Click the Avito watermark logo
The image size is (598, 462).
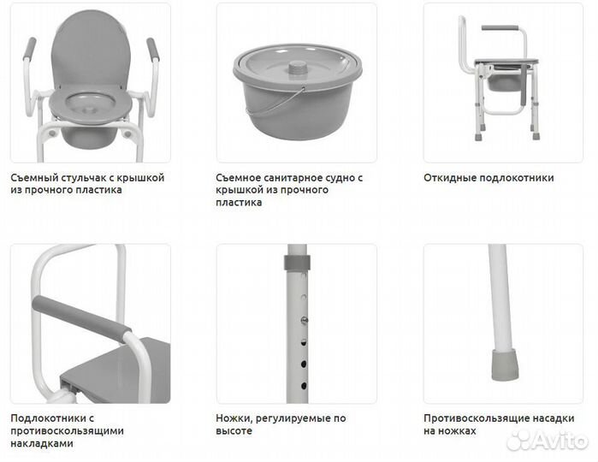tap(548, 441)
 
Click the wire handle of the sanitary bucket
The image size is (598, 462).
tap(275, 103)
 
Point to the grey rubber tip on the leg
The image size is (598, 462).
tap(504, 364)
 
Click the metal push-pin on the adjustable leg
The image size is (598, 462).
tap(305, 321)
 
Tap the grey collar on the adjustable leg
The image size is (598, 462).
tap(297, 263)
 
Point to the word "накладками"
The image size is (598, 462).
tap(42, 443)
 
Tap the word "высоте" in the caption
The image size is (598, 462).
tap(234, 430)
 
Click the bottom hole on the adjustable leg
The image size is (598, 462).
tap(304, 386)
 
